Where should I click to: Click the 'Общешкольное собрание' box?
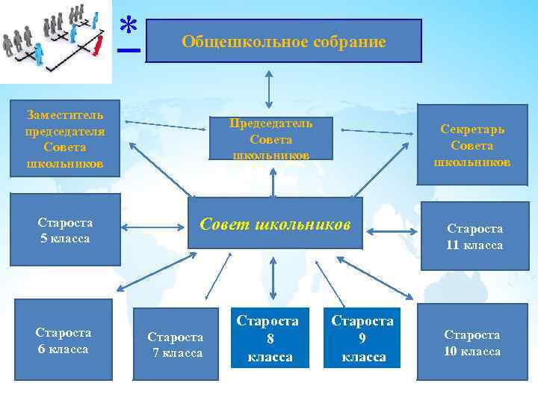[284, 41]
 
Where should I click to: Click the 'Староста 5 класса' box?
[65, 230]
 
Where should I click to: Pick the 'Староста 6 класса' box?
[64, 340]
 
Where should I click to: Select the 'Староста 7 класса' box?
[175, 344]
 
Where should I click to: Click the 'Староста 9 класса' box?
[362, 338]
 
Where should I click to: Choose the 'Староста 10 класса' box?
[472, 342]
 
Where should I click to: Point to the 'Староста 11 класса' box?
[474, 236]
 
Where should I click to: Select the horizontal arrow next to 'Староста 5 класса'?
[153, 225]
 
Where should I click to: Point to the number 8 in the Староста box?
[270, 339]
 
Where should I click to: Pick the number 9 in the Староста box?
[362, 339]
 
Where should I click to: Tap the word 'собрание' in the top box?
[349, 42]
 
